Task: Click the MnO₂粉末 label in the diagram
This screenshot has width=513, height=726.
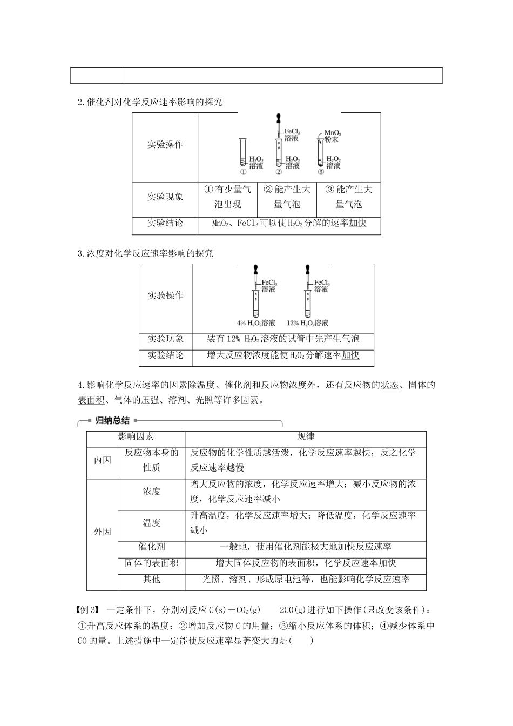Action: pos(332,136)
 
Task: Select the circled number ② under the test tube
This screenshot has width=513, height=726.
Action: pos(279,172)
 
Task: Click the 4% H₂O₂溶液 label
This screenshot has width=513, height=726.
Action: pos(255,323)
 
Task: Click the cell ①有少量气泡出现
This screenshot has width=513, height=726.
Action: pos(227,197)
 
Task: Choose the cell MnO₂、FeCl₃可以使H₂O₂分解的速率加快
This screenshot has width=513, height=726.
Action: pos(289,223)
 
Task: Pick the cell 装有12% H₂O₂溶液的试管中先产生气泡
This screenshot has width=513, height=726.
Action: pos(283,339)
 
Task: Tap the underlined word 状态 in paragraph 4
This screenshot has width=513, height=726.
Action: pos(389,385)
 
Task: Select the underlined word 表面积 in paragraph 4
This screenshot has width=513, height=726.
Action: pos(91,400)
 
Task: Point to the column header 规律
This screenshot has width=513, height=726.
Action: pos(306,436)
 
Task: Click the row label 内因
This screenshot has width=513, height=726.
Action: pos(102,460)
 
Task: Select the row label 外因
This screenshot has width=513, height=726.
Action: pos(102,532)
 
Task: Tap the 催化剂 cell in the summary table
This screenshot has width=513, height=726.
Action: pos(151,547)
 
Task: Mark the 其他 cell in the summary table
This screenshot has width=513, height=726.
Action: pos(151,579)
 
